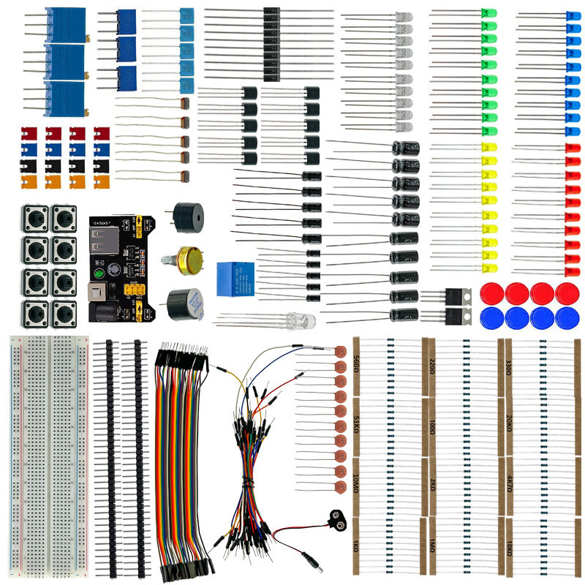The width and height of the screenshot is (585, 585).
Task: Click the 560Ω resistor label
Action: [x=357, y=363]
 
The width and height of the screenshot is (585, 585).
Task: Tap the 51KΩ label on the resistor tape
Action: [x=357, y=426]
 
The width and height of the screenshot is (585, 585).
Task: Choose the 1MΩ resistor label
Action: [x=433, y=545]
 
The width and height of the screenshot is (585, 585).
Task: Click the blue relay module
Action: [x=235, y=279]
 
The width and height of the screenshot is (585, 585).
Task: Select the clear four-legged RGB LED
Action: [x=300, y=320]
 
